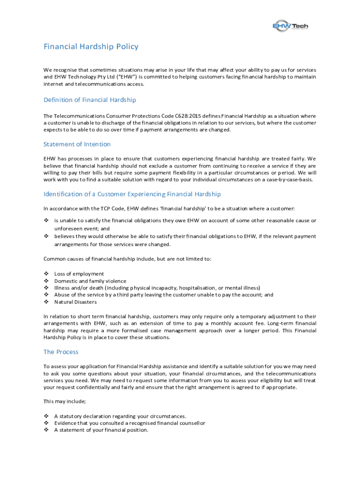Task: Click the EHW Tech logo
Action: (x=290, y=26)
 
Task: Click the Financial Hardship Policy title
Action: (x=91, y=47)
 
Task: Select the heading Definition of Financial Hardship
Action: (x=90, y=100)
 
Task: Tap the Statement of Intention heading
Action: (x=77, y=144)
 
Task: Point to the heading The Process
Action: (x=61, y=352)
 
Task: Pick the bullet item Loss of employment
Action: (x=79, y=274)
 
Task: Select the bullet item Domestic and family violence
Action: (x=90, y=281)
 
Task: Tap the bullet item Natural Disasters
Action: (x=76, y=302)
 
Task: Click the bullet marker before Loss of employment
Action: (x=46, y=274)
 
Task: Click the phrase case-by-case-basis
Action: (x=287, y=180)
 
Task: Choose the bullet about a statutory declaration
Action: (x=120, y=416)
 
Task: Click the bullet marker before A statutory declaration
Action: (x=46, y=416)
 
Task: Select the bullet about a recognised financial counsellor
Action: (x=130, y=423)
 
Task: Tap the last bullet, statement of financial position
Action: (x=101, y=430)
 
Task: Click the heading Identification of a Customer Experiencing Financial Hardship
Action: (x=132, y=194)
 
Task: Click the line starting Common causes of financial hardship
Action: (x=127, y=259)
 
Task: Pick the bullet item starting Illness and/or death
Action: (x=157, y=288)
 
